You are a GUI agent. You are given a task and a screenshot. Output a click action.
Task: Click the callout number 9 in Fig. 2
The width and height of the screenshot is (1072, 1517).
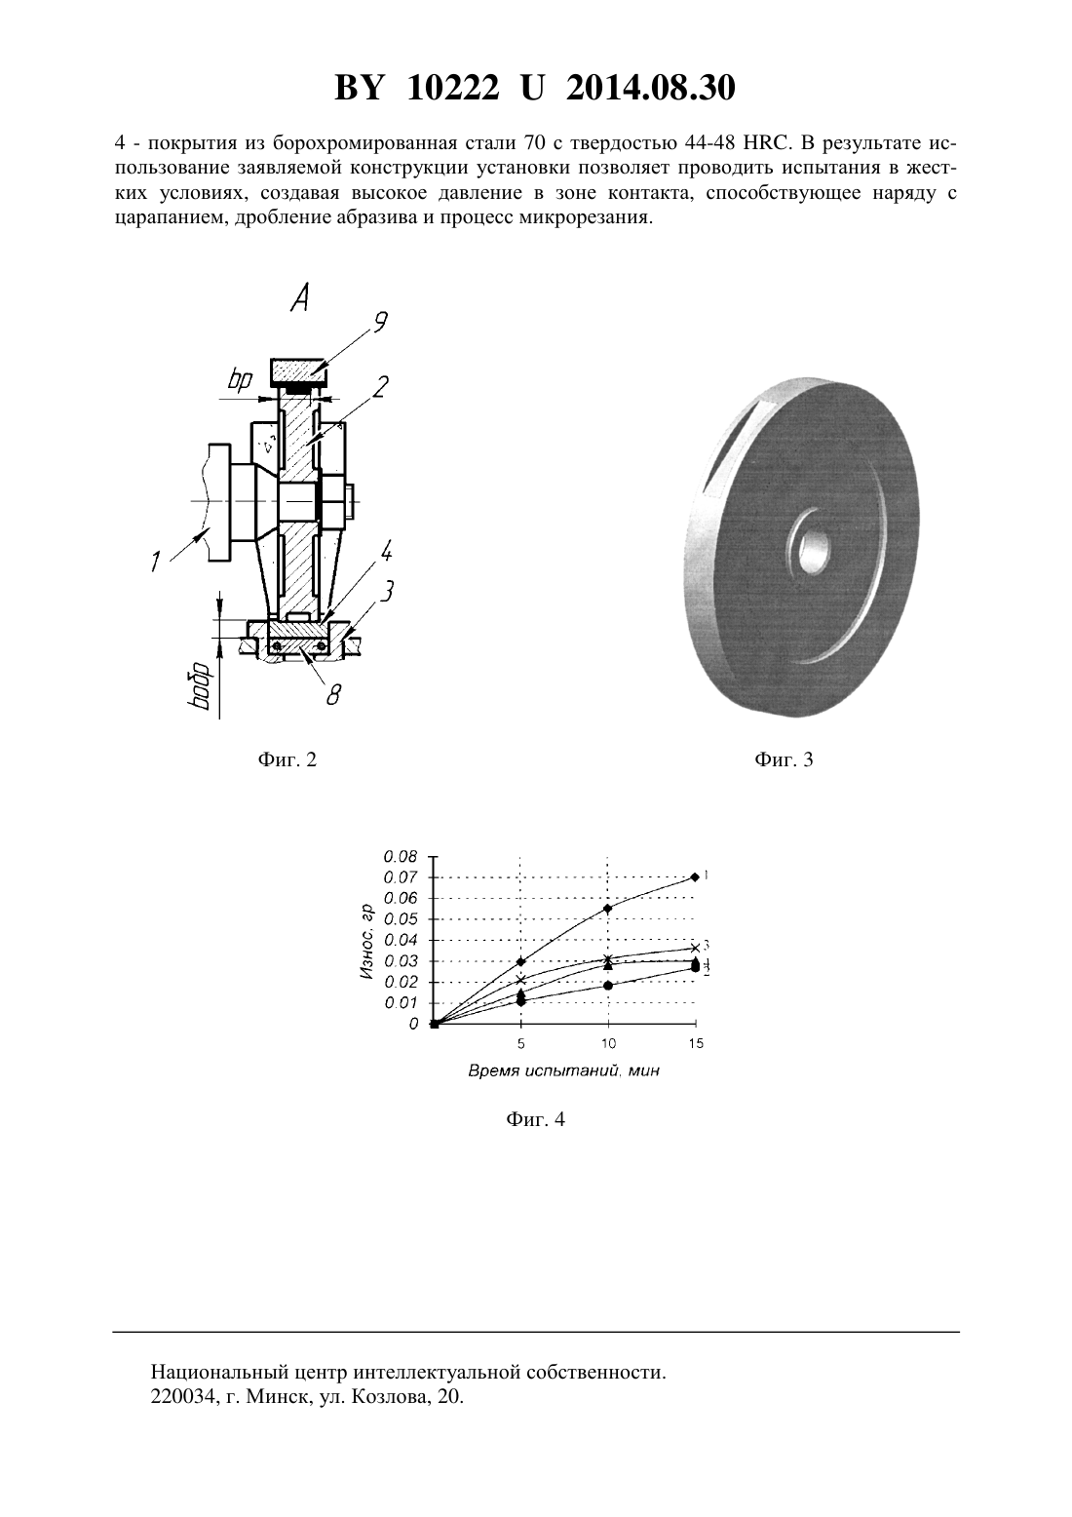pyautogui.click(x=380, y=322)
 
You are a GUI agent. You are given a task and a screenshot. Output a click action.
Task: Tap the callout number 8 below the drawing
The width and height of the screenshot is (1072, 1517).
pyautogui.click(x=333, y=693)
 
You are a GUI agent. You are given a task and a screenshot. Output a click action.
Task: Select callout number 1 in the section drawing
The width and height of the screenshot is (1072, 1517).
pyautogui.click(x=155, y=561)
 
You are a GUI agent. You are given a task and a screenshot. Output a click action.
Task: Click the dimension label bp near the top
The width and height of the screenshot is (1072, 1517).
pyautogui.click(x=240, y=380)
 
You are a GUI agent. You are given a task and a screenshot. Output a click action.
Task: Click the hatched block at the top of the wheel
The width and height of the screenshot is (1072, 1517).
pyautogui.click(x=298, y=370)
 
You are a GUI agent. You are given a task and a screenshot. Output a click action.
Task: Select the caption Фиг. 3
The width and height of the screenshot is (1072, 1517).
pyautogui.click(x=784, y=759)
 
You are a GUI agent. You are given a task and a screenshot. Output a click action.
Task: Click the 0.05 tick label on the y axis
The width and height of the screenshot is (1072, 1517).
pyautogui.click(x=402, y=919)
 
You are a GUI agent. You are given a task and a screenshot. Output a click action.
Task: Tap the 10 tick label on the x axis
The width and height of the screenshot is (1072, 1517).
pyautogui.click(x=608, y=1043)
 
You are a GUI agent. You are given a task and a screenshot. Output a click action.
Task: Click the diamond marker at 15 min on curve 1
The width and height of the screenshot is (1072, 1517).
pyautogui.click(x=694, y=877)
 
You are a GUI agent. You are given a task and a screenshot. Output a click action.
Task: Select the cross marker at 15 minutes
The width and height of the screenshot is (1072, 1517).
pyautogui.click(x=694, y=948)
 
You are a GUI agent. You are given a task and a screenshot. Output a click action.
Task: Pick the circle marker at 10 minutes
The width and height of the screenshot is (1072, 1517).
pyautogui.click(x=608, y=986)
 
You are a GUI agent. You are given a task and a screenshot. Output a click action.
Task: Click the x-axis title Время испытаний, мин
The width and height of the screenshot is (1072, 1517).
pyautogui.click(x=563, y=1070)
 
